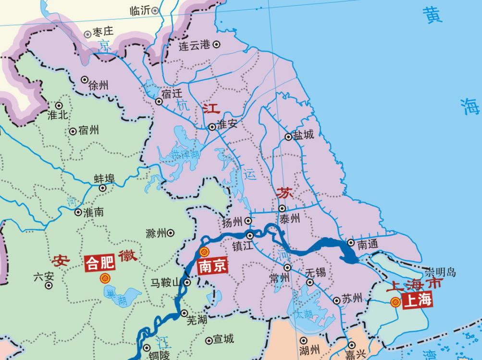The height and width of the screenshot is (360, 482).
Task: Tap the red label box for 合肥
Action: [x=99, y=262]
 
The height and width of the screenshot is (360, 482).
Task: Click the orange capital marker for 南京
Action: [x=204, y=251]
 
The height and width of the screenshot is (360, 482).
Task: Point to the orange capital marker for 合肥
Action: [x=104, y=278]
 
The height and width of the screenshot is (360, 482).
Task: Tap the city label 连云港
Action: [x=194, y=46]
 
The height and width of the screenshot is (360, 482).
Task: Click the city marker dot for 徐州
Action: [x=85, y=80]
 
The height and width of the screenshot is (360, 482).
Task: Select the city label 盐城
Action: [x=303, y=135]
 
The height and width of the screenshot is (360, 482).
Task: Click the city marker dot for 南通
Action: [x=351, y=243]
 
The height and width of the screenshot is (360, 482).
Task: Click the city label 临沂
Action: [x=140, y=11]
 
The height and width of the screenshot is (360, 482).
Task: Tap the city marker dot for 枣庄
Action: [x=87, y=34]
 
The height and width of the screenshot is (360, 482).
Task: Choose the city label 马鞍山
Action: [x=165, y=283]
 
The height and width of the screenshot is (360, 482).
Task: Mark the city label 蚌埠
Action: [x=104, y=179]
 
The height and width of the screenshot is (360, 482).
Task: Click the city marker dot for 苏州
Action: [x=336, y=301]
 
